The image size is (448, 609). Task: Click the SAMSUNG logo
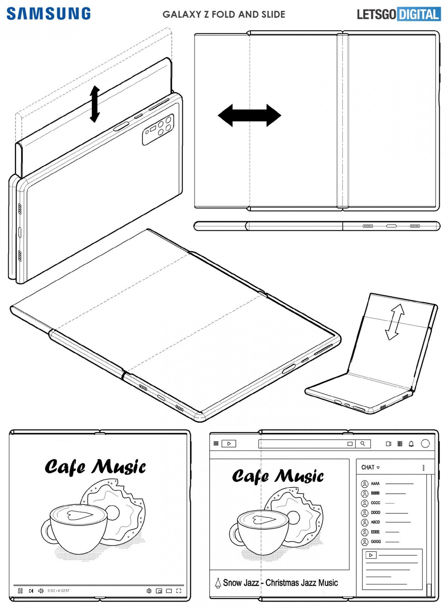point(49,14)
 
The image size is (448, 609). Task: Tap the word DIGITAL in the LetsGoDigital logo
point(419,14)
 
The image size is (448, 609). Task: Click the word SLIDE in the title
point(273,14)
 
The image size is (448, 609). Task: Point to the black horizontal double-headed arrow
point(250,115)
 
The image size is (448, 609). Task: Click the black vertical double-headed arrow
point(95,104)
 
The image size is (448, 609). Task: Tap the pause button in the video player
point(20,591)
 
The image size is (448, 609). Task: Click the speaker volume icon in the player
point(41,591)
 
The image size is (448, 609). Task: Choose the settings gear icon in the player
point(149,591)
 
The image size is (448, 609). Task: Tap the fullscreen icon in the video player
point(179,591)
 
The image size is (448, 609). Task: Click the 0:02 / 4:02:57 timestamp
point(58,591)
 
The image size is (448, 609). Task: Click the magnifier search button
point(363,444)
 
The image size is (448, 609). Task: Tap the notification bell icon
point(411,444)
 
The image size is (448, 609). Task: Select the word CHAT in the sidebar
point(368,467)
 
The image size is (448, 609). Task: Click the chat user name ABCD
point(375,522)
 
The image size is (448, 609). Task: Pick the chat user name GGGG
point(376,541)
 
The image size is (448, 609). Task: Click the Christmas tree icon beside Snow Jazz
point(218,583)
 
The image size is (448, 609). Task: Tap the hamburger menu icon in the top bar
point(216,443)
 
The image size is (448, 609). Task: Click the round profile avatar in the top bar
point(425,443)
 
